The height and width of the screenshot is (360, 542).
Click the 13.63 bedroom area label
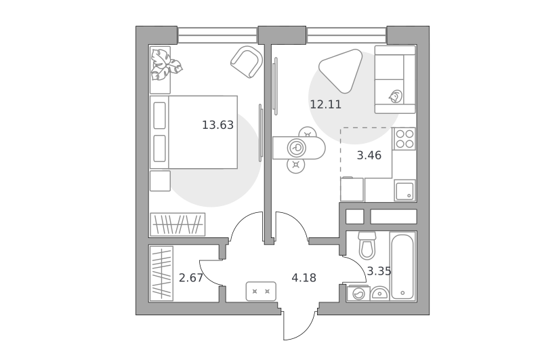coord(217,125)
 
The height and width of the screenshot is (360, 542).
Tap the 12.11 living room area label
coord(326,104)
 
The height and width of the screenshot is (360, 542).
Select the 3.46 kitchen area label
coord(369,155)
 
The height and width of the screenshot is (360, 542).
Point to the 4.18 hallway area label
coord(304,278)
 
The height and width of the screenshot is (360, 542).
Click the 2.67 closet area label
coord(191,278)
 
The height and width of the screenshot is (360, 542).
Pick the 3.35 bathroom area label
coord(379,271)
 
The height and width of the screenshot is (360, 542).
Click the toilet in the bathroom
coord(367,245)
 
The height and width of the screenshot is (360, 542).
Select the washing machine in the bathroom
coord(358,294)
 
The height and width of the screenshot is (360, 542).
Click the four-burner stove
coord(404,139)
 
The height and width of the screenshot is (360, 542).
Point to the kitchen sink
coord(404,191)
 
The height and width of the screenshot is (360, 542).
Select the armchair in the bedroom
coord(247,62)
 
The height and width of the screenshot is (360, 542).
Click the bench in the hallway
coord(261,291)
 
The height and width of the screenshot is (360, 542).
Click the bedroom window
coord(217,35)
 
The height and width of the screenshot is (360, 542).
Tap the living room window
coord(346,35)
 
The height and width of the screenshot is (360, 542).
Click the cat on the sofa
coord(396,96)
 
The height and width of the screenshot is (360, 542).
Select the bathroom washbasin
coord(379,294)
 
